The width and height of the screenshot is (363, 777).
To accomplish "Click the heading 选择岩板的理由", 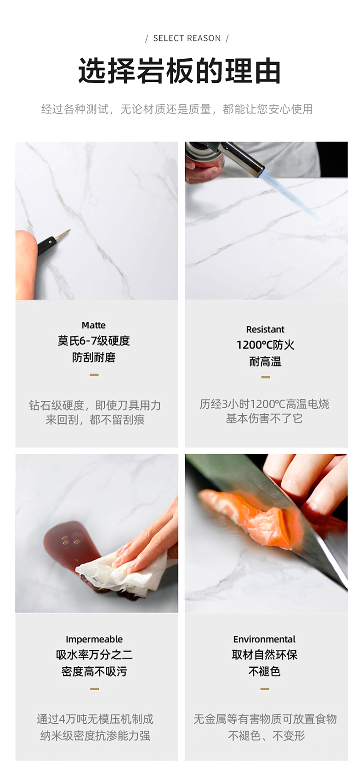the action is point(179,71).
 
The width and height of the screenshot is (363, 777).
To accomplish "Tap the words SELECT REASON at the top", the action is point(187,38).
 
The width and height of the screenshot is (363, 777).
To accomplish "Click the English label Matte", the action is point(94,325).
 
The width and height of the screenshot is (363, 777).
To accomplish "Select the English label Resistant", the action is point(265,329).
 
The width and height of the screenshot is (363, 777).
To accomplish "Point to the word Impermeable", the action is point(94,639).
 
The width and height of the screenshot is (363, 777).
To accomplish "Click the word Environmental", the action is point(264,639).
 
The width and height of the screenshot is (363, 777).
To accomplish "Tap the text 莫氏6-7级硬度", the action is point(94,341).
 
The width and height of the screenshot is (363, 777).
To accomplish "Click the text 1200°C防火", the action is point(266,345).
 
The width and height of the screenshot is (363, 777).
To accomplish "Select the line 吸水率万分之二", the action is point(94,655).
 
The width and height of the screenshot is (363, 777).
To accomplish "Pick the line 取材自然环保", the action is point(265,655).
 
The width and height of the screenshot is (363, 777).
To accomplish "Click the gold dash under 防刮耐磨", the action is point(94,375).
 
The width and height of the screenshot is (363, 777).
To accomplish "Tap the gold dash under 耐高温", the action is point(266,377).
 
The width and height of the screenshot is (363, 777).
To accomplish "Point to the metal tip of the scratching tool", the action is point(62,235).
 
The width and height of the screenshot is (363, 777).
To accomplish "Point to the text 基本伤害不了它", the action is point(264,419).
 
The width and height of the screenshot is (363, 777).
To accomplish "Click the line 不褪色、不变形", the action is point(266,735).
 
